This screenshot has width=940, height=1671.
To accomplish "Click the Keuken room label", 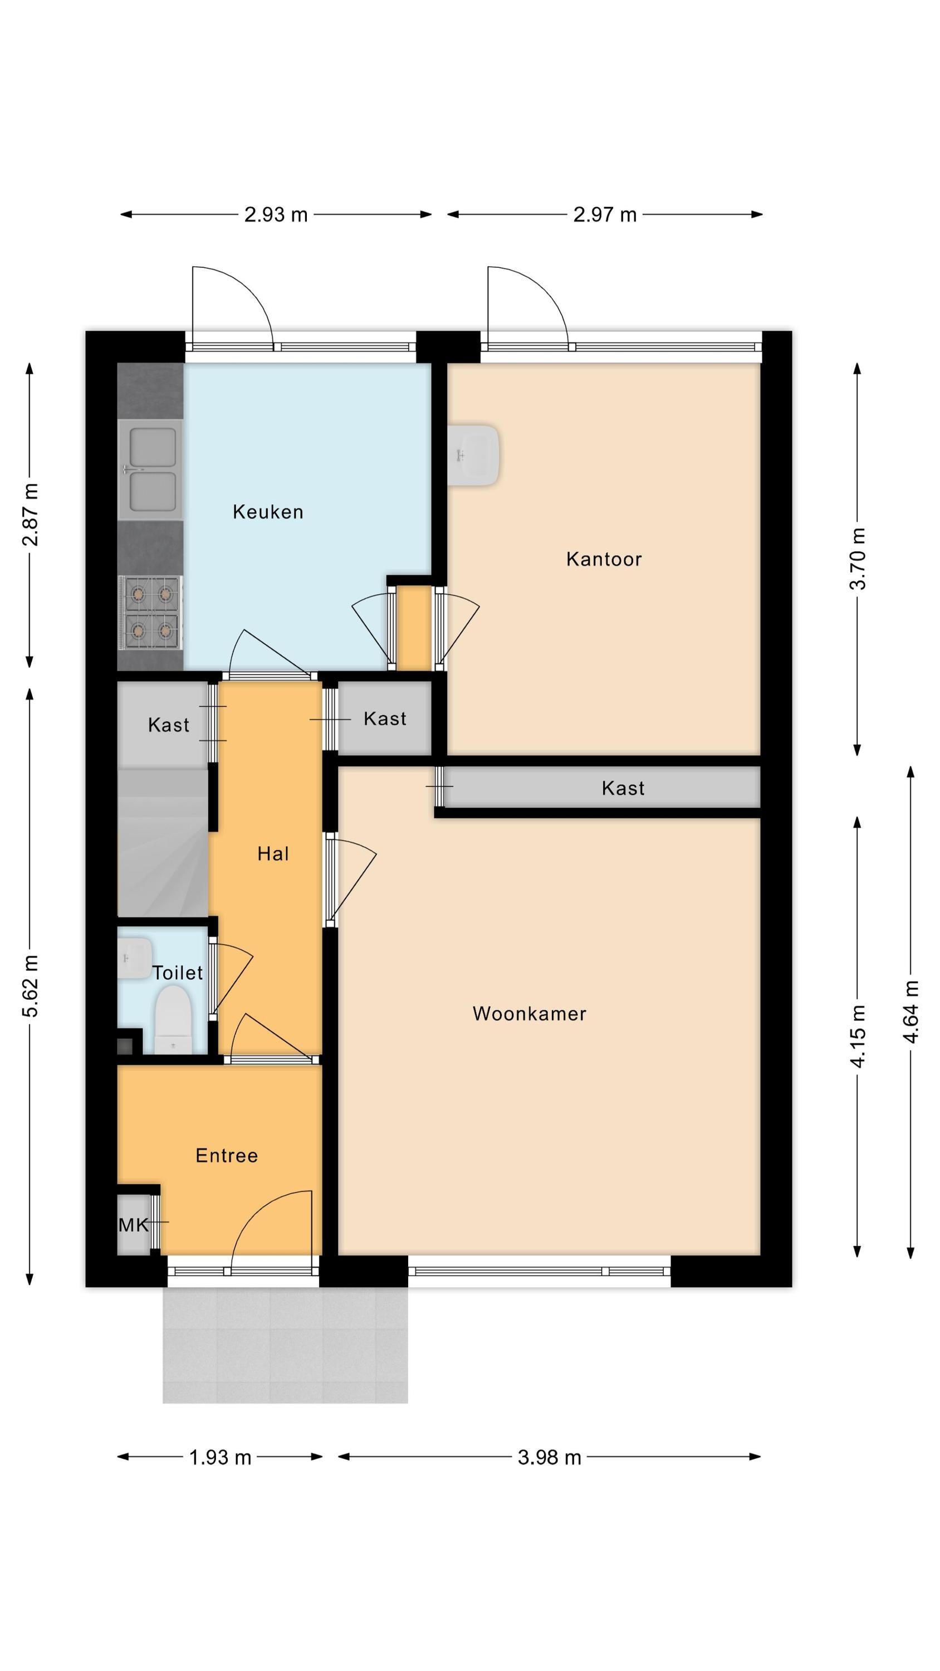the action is [x=268, y=512].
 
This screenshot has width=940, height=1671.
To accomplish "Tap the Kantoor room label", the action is [x=604, y=559].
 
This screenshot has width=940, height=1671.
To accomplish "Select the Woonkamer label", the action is [x=530, y=1013].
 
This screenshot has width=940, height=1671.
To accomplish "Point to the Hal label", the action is [x=273, y=854].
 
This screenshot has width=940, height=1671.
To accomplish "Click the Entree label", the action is [x=227, y=1155].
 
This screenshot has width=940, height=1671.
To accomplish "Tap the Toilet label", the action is [x=178, y=973].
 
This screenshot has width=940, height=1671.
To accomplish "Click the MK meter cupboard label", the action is [x=134, y=1225].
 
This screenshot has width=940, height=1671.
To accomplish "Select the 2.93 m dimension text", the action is [x=276, y=214].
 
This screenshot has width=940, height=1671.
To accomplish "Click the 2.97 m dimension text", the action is [x=605, y=214].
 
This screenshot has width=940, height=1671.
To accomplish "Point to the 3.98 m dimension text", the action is [x=550, y=1458].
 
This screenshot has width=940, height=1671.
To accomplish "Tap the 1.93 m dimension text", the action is [x=220, y=1458].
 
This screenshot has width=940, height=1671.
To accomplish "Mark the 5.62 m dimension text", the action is [x=30, y=985].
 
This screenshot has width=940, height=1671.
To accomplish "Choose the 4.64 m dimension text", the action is [x=911, y=1012].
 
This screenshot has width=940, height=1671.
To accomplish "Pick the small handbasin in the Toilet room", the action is [x=134, y=958].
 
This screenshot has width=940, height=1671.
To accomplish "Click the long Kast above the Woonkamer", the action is [x=602, y=788].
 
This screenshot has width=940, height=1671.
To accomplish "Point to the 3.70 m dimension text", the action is [x=858, y=559].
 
